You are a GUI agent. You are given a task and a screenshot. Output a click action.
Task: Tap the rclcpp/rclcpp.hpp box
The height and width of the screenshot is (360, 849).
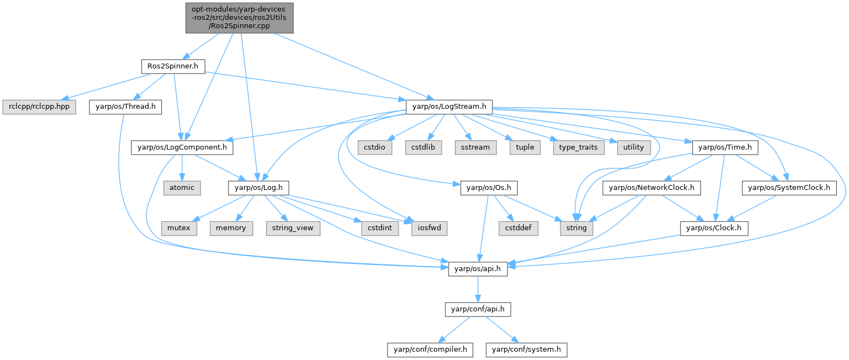pyautogui.click(x=39, y=106)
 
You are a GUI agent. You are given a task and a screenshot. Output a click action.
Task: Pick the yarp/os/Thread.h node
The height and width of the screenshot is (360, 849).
pyautogui.click(x=125, y=106)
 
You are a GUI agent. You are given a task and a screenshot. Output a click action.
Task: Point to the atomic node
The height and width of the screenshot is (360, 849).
pyautogui.click(x=182, y=187)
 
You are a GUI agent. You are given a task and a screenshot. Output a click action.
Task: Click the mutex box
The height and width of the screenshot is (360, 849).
pyautogui.click(x=179, y=227)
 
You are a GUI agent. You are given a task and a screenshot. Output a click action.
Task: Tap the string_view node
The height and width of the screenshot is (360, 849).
pyautogui.click(x=293, y=227)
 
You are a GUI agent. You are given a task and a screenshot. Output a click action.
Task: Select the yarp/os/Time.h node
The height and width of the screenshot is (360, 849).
pyautogui.click(x=725, y=147)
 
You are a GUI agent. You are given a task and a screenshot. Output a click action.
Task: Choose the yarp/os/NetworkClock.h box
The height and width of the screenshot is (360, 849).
pyautogui.click(x=652, y=187)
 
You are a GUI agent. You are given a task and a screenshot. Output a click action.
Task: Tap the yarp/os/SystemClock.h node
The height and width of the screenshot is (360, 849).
pyautogui.click(x=788, y=187)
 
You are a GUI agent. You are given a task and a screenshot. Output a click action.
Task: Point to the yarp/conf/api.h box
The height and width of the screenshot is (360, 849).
pyautogui.click(x=477, y=309)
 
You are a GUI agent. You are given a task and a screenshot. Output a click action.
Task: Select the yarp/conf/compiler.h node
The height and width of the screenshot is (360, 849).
pyautogui.click(x=429, y=349)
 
